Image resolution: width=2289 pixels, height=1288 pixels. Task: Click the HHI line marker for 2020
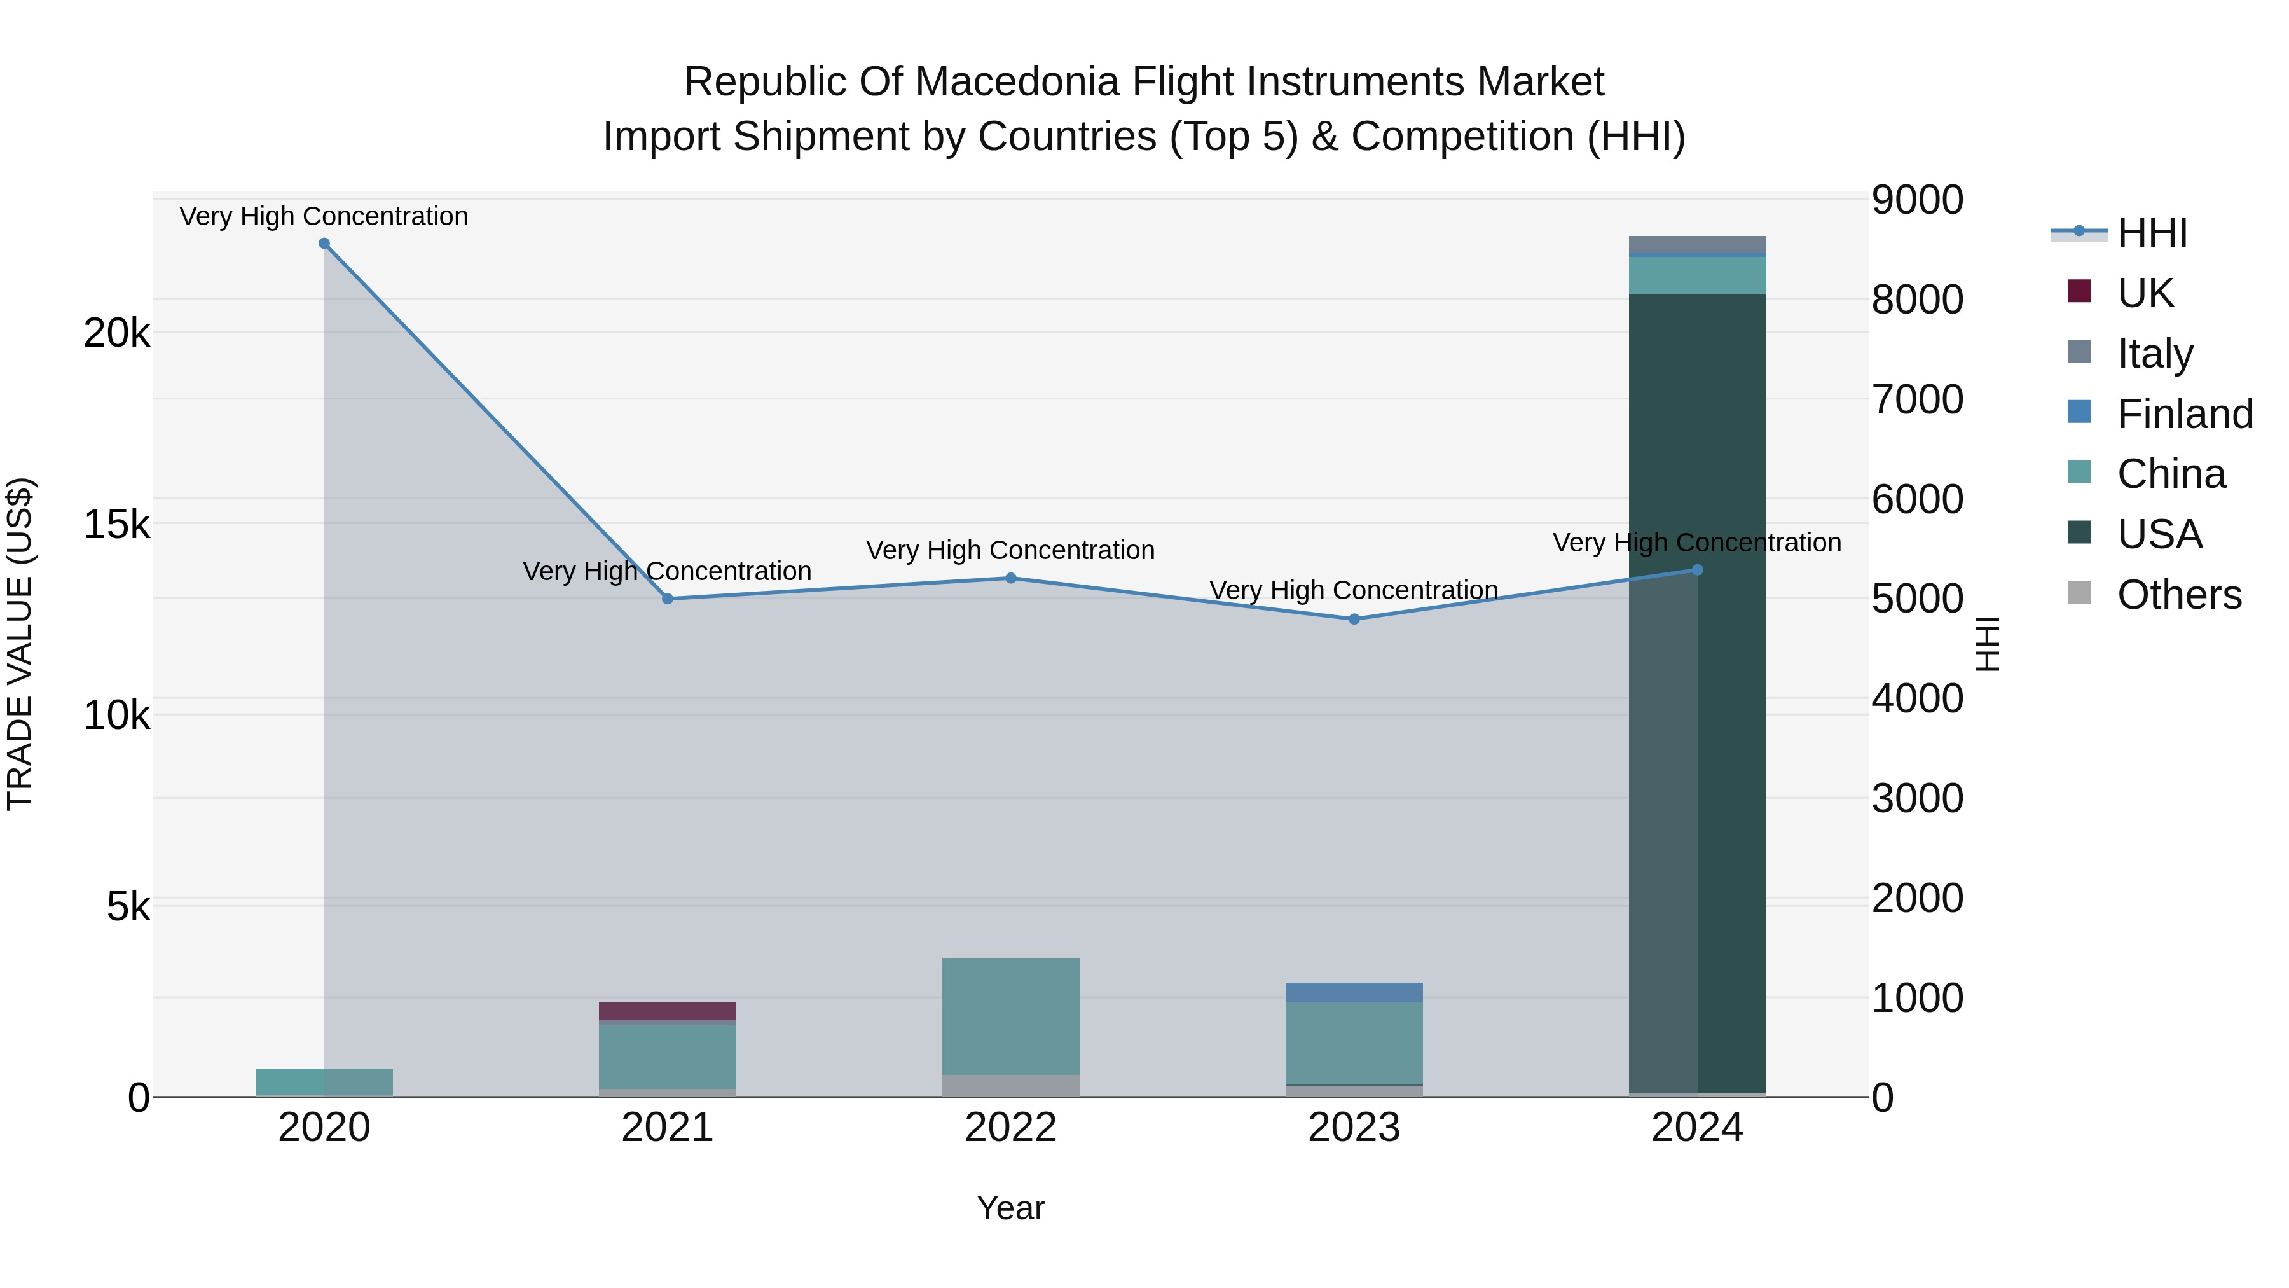[x=324, y=244]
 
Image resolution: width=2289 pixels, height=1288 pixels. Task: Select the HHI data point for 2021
[x=668, y=599]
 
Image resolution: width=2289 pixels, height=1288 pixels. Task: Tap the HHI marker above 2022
[x=1010, y=579]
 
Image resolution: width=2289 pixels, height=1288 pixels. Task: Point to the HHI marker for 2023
[x=1354, y=620]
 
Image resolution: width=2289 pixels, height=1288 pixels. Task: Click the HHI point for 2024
[x=1697, y=570]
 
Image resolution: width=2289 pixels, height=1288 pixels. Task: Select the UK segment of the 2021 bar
[x=668, y=1011]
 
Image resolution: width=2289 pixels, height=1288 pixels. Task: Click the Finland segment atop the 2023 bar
[x=1354, y=992]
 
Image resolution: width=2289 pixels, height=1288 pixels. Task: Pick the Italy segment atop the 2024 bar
[x=1697, y=244]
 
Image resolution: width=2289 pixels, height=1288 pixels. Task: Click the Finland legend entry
[x=2184, y=414]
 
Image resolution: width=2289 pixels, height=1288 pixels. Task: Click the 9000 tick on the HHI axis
[x=1916, y=200]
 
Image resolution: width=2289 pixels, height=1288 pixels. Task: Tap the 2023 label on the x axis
[x=1354, y=1128]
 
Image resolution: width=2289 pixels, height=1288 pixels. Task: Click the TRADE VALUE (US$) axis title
[x=20, y=644]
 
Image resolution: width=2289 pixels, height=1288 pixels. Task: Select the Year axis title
[x=1010, y=1208]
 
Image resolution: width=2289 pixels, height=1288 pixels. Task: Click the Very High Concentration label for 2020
[x=324, y=216]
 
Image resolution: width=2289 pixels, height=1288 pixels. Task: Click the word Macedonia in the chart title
[x=1017, y=82]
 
